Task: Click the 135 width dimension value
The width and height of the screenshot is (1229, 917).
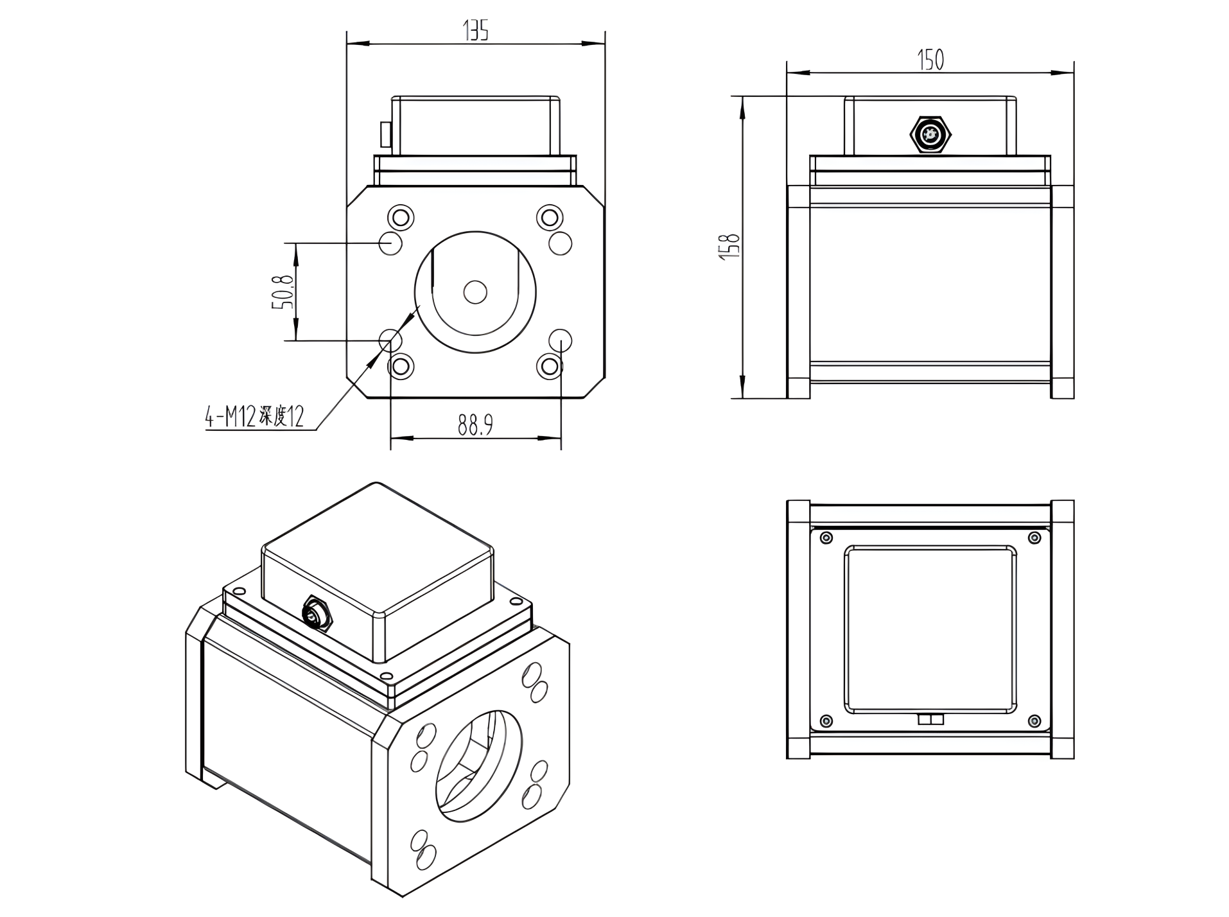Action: click(x=476, y=30)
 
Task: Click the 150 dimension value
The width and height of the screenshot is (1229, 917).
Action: click(x=930, y=60)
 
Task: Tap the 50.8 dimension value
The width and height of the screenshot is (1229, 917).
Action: click(x=283, y=292)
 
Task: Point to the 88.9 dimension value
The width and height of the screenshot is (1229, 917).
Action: click(x=475, y=424)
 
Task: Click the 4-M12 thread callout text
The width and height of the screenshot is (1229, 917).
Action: click(x=254, y=417)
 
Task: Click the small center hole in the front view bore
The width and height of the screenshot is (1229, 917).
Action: click(x=475, y=292)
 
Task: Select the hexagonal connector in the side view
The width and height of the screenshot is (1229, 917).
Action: click(x=930, y=135)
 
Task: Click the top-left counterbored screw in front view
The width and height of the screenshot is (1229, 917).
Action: click(x=401, y=217)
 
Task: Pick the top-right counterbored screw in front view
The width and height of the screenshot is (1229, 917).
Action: click(x=549, y=217)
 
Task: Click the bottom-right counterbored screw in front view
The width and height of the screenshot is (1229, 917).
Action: click(x=549, y=366)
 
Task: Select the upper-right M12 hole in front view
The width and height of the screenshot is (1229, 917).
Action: click(x=561, y=243)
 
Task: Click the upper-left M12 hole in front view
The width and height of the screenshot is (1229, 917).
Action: click(x=390, y=243)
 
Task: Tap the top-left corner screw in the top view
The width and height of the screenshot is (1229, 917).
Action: click(x=826, y=537)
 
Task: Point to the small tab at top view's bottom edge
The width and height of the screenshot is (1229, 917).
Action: click(x=930, y=719)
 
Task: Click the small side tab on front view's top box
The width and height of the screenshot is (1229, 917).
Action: click(x=385, y=134)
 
